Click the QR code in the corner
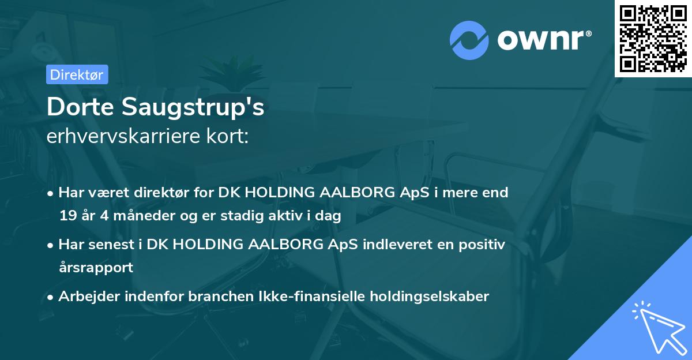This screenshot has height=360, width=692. (x=653, y=39)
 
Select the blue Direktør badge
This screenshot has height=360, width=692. (x=77, y=74)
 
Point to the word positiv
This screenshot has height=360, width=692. (x=484, y=245)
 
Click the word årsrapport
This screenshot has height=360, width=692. (x=96, y=267)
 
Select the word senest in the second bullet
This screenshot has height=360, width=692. (x=114, y=245)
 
